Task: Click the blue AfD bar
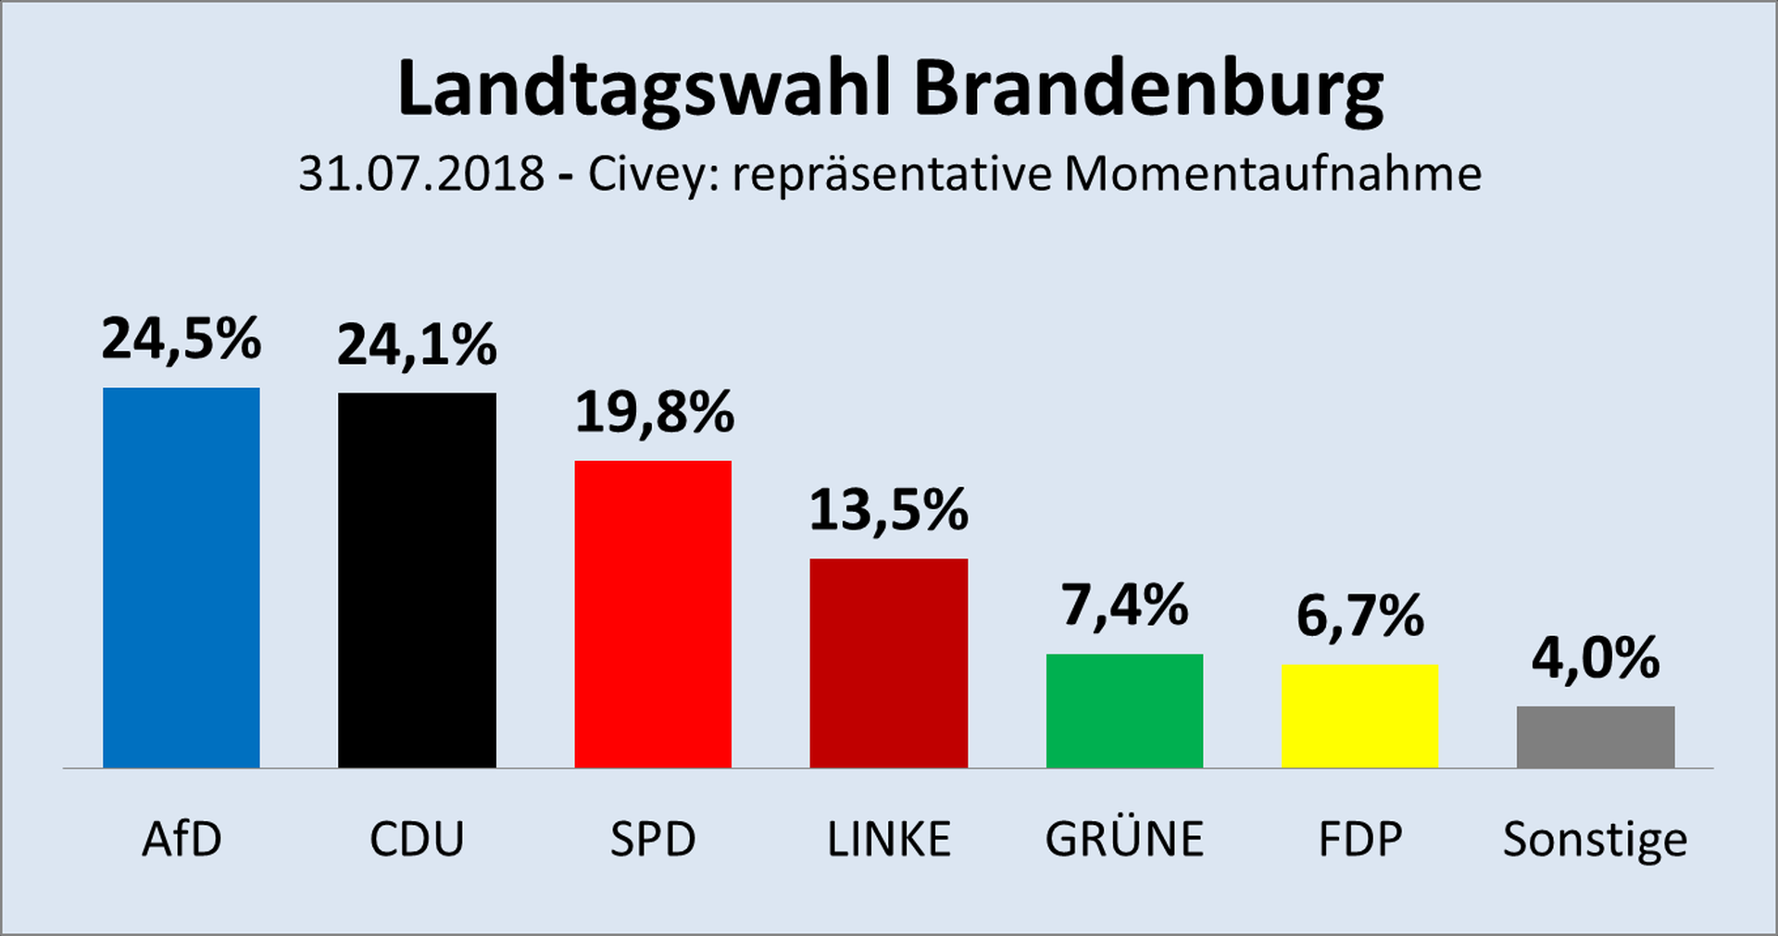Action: click(x=182, y=578)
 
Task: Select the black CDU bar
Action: click(x=417, y=580)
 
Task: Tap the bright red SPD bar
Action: click(x=653, y=614)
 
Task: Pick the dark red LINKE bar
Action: click(x=889, y=663)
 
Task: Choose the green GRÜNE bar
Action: click(x=1124, y=711)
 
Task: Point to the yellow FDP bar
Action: click(x=1359, y=716)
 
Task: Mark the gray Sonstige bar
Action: click(x=1596, y=737)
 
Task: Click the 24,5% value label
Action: click(x=182, y=339)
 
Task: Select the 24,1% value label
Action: click(x=417, y=345)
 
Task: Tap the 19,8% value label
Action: click(x=654, y=413)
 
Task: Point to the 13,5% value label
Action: click(x=889, y=511)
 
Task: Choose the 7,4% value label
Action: click(x=1124, y=606)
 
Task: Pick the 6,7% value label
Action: click(x=1359, y=617)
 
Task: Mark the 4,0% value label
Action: click(x=1596, y=659)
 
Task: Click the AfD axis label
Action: click(x=182, y=840)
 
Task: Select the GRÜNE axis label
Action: click(x=1124, y=839)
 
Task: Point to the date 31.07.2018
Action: click(x=421, y=174)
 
